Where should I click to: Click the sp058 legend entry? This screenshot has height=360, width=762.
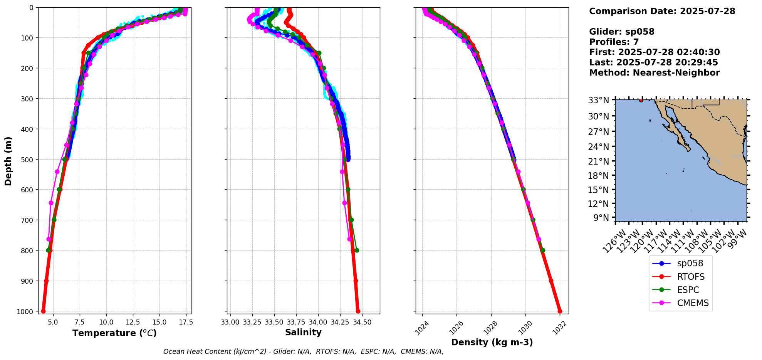click(690, 264)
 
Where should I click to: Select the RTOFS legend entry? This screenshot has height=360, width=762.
click(690, 277)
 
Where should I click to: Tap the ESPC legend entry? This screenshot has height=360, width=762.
click(688, 290)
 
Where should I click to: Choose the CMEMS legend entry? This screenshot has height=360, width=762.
click(692, 303)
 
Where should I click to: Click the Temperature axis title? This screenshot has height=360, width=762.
click(114, 333)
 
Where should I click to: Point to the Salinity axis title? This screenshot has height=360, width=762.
click(303, 333)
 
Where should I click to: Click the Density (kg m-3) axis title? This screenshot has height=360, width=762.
click(492, 342)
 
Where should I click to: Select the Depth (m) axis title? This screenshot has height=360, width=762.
click(8, 161)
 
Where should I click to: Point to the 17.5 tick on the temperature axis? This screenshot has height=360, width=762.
click(186, 322)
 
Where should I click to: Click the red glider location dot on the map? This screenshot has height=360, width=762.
click(641, 100)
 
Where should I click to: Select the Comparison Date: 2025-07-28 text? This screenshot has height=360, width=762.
click(662, 11)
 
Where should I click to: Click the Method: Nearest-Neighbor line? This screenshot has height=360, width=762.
click(654, 73)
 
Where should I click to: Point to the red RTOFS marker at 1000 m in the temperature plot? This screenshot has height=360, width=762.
click(43, 311)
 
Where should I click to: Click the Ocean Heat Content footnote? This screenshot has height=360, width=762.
click(303, 352)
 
